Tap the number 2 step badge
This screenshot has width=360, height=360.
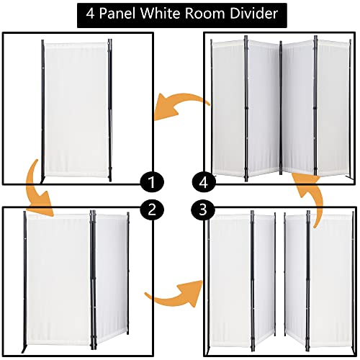[152, 210]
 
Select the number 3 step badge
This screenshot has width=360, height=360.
[203, 210]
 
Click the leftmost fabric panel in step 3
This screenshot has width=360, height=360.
[229, 281]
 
